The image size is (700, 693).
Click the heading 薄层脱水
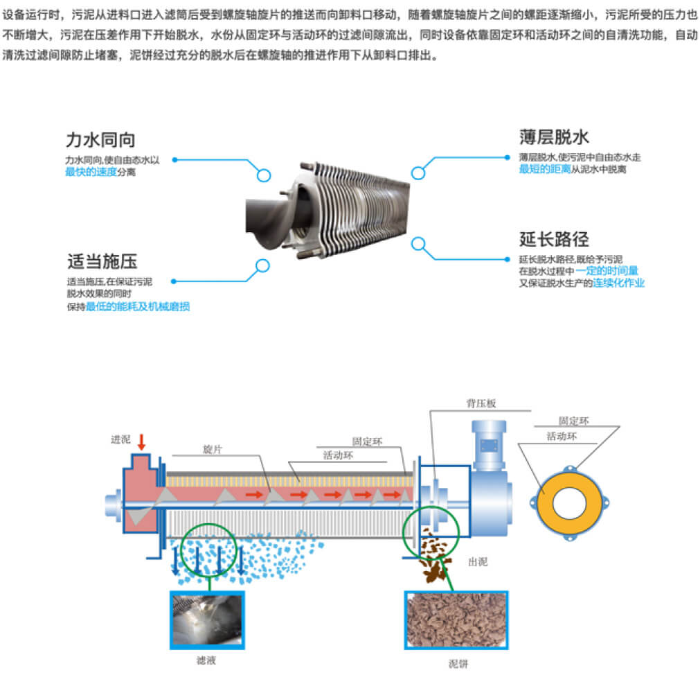554,137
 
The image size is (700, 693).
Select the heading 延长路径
554,239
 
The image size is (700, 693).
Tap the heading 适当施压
102,261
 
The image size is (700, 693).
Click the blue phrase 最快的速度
91,171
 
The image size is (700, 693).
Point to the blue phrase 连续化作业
618,283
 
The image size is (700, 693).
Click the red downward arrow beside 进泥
141,441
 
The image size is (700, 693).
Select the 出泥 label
477,561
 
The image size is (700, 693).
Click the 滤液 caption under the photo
206,660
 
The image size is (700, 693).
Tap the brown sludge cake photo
456,620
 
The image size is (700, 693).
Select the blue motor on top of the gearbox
490,444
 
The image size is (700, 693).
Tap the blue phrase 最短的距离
545,168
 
